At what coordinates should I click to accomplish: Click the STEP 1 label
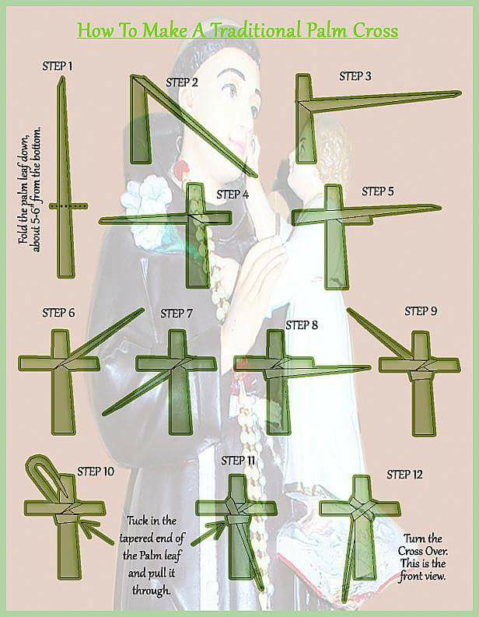pos(58,66)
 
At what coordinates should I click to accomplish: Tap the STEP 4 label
pos(233,195)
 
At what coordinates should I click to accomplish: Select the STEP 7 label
pos(177,314)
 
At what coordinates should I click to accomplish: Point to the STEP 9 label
pos(421,311)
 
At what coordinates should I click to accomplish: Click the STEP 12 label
pos(404,475)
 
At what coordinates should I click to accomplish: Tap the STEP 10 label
pos(96,472)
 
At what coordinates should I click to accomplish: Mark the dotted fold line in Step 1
pos(68,206)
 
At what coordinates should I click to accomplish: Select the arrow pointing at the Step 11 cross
pos(208,532)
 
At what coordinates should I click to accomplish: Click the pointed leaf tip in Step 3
pos(460,93)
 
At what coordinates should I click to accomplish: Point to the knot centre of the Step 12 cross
pos(361,509)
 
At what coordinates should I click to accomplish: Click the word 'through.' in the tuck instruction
pos(151,590)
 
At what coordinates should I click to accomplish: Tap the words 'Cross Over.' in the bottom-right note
pos(423,551)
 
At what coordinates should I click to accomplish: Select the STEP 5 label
pos(378,191)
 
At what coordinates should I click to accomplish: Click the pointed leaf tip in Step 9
pos(349,310)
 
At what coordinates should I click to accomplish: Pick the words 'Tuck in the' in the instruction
pos(152,521)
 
